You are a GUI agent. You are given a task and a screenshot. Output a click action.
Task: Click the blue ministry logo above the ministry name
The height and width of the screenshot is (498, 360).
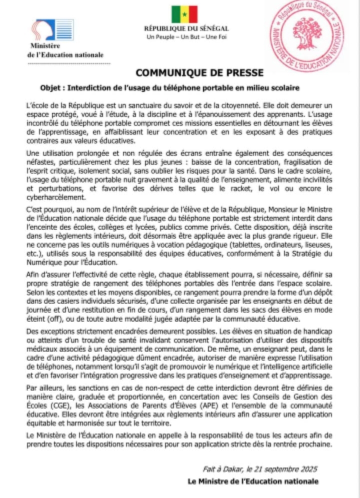(52, 30)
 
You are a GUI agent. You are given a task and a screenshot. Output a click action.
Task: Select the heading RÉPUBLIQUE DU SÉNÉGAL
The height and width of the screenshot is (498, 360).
(186, 29)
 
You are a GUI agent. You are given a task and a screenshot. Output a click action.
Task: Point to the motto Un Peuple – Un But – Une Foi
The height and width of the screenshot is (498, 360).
(186, 37)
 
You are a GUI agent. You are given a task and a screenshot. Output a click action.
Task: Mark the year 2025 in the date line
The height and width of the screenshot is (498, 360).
(307, 470)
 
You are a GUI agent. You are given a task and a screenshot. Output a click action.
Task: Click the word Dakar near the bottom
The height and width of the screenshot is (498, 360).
(223, 470)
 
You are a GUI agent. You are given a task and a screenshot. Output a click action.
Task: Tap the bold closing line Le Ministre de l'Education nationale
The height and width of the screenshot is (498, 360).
(252, 482)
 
